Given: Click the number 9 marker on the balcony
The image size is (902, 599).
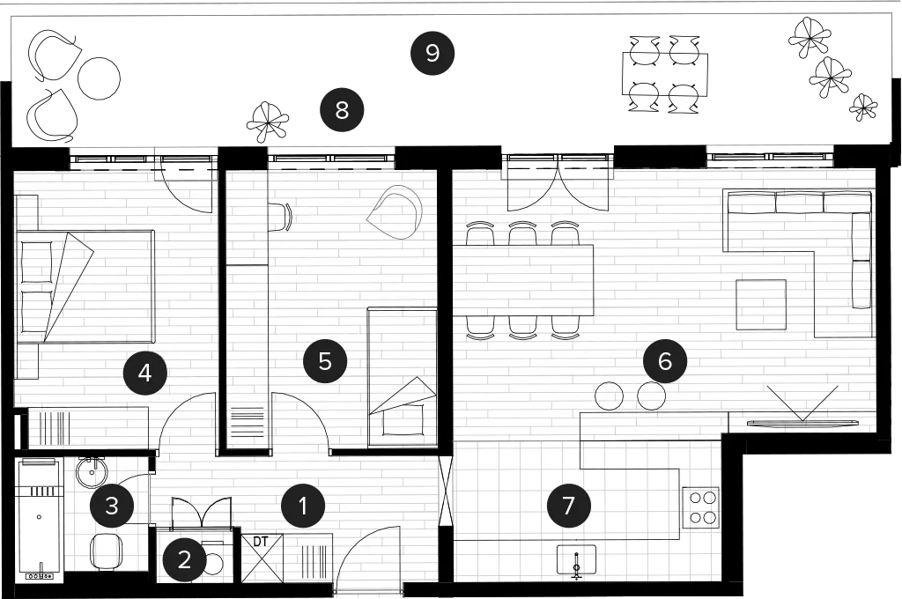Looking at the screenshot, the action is coord(432,53).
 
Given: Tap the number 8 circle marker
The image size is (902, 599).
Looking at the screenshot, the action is coord(342,109).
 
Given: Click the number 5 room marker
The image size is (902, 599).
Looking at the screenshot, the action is coord(325,362).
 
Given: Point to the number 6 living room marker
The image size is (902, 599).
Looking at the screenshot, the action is coord(664,362).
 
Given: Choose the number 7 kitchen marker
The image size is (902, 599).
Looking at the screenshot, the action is coord(568,506).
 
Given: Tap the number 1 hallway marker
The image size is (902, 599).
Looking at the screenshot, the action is coord(303,507).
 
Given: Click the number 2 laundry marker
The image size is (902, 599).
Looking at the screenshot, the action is coord(184,559).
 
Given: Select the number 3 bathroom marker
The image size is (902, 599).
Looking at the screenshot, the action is coord(112,506).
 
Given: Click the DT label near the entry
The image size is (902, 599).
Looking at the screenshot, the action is coord(261,542).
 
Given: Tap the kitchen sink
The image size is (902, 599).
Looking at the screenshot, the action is coord(576,560).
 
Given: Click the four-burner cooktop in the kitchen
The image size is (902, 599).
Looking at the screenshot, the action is coord(700,507).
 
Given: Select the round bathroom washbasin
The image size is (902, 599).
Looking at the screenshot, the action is coord(92,473).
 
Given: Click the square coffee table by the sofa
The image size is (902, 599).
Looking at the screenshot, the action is coord(761,305).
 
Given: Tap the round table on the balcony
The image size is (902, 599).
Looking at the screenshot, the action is coord(99,78).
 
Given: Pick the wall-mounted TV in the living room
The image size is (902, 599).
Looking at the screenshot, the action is coord(802,424).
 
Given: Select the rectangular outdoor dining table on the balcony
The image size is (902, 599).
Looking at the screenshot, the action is coord(664,74).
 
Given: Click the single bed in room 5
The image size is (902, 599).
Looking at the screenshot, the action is coord(402,377).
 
